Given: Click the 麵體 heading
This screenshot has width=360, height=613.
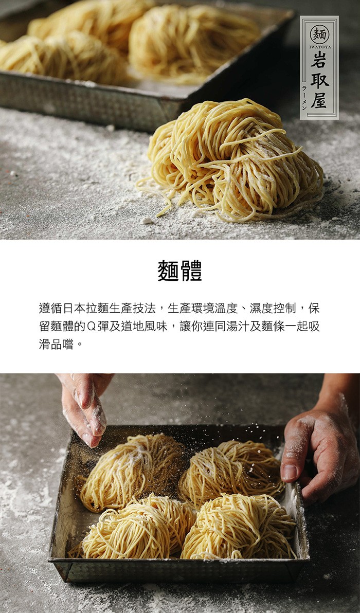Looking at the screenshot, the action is click(180, 271).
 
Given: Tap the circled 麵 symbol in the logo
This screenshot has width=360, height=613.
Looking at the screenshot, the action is click(319, 34).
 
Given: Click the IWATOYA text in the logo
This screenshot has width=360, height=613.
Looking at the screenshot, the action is click(320, 47).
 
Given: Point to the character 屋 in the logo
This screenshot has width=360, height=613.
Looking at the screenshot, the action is click(320, 100).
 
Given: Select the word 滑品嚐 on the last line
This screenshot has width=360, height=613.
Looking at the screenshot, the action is click(56, 345).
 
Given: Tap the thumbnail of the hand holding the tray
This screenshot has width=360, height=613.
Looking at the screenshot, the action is click(289, 472).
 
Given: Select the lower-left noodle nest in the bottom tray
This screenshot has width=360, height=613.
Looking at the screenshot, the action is click(133, 528).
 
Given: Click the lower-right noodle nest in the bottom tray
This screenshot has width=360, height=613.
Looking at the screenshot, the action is click(239, 527).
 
